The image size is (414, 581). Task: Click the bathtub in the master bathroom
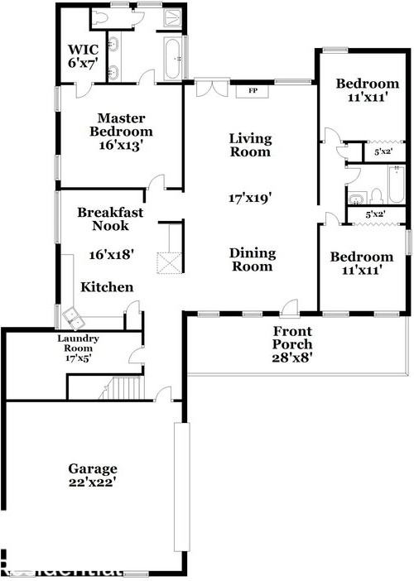point(172,60)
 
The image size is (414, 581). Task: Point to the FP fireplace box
point(251,91)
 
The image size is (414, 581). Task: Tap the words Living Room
point(250,145)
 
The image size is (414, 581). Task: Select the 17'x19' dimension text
point(250,198)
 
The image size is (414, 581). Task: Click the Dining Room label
point(252,260)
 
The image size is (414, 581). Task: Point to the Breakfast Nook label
point(111,218)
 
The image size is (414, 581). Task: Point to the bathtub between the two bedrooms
point(397,185)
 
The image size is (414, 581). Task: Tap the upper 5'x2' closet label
point(383,152)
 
